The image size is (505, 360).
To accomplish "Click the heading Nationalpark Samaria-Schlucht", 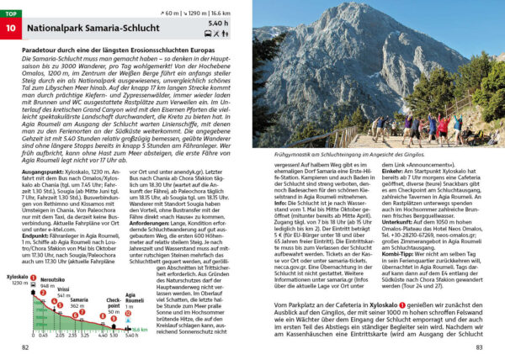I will [x=107, y=34].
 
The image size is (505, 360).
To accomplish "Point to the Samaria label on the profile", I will [x=79, y=299].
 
